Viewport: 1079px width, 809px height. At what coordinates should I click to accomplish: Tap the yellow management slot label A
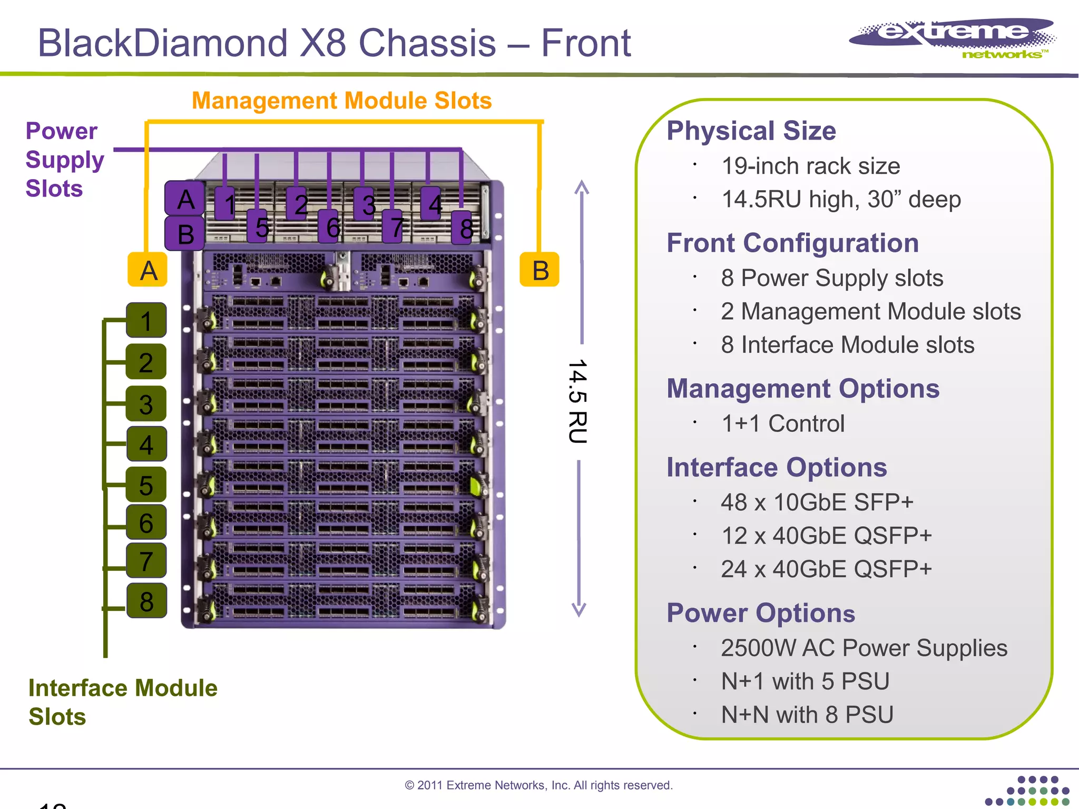tap(148, 270)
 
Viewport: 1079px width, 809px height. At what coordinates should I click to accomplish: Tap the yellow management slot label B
tap(539, 270)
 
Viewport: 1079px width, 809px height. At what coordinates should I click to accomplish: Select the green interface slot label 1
tap(146, 320)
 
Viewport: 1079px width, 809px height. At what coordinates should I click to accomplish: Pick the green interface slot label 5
tap(146, 485)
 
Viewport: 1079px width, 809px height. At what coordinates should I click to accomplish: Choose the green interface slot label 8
tap(146, 601)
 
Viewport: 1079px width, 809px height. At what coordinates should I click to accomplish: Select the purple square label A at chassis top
tap(185, 199)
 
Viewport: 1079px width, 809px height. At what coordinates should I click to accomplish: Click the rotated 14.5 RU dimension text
tap(578, 401)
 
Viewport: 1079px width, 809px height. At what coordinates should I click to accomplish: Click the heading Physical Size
tap(751, 131)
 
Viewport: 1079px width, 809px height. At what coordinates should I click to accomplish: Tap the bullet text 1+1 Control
tap(782, 423)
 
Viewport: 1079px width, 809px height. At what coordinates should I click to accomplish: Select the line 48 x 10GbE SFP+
tap(817, 502)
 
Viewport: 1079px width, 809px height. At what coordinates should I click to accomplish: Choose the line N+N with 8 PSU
tap(807, 715)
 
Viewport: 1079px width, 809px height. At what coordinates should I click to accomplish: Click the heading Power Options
tap(760, 613)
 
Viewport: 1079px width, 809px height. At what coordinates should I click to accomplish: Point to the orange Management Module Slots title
tap(341, 101)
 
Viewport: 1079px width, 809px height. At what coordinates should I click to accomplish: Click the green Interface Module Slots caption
tap(122, 702)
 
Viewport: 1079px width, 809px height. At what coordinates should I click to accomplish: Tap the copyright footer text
tap(538, 785)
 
